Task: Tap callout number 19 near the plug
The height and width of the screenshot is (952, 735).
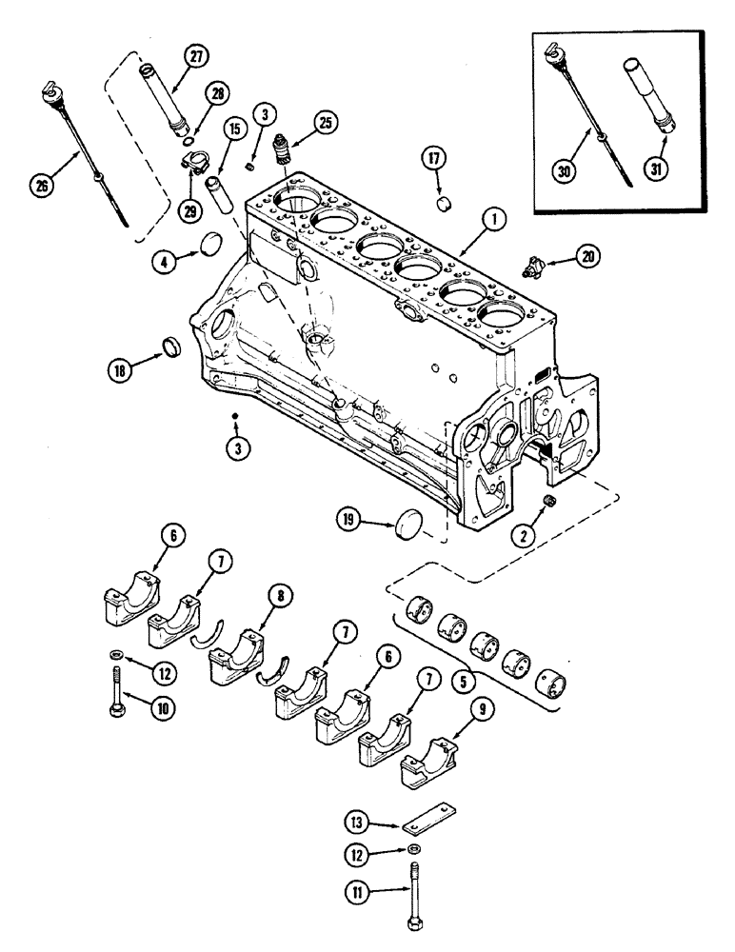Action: tap(349, 518)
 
